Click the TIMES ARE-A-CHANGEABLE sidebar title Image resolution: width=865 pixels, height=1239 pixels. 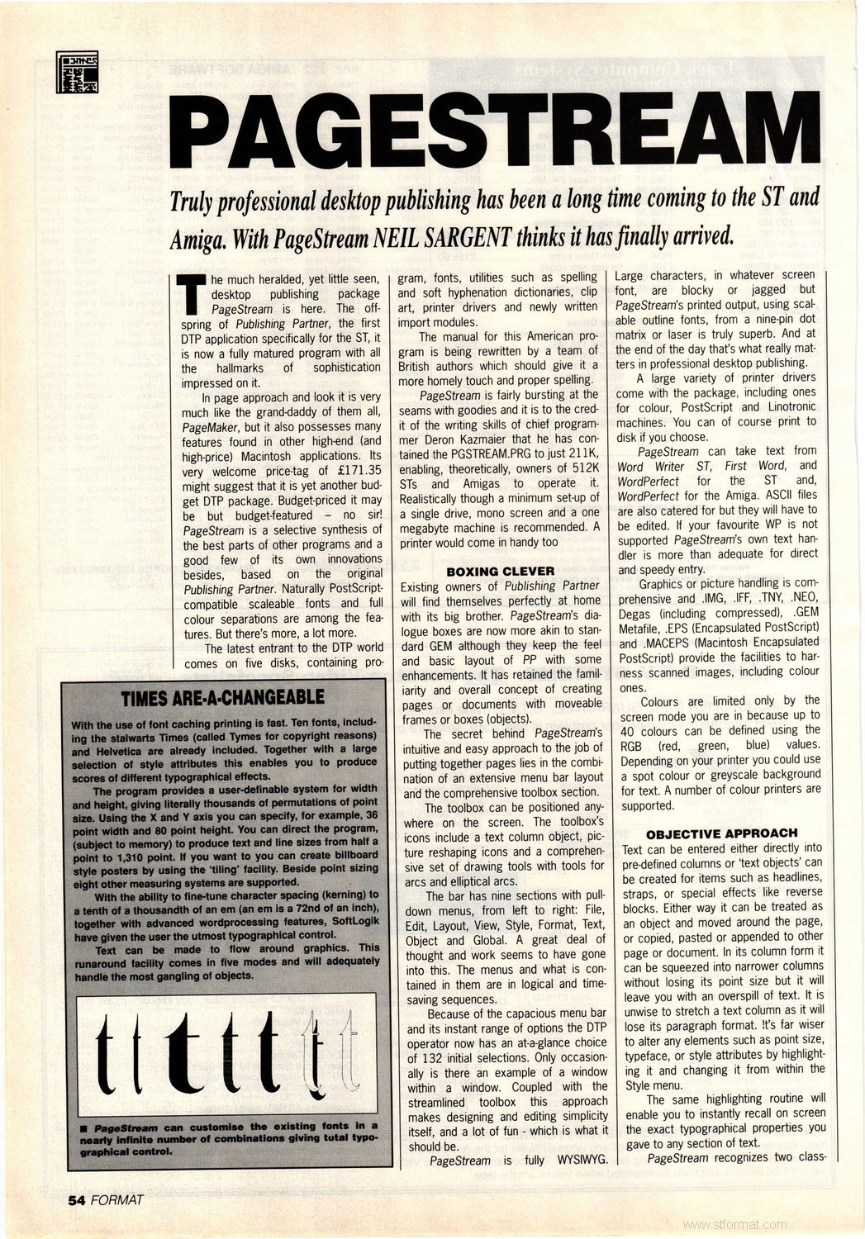point(222,697)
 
